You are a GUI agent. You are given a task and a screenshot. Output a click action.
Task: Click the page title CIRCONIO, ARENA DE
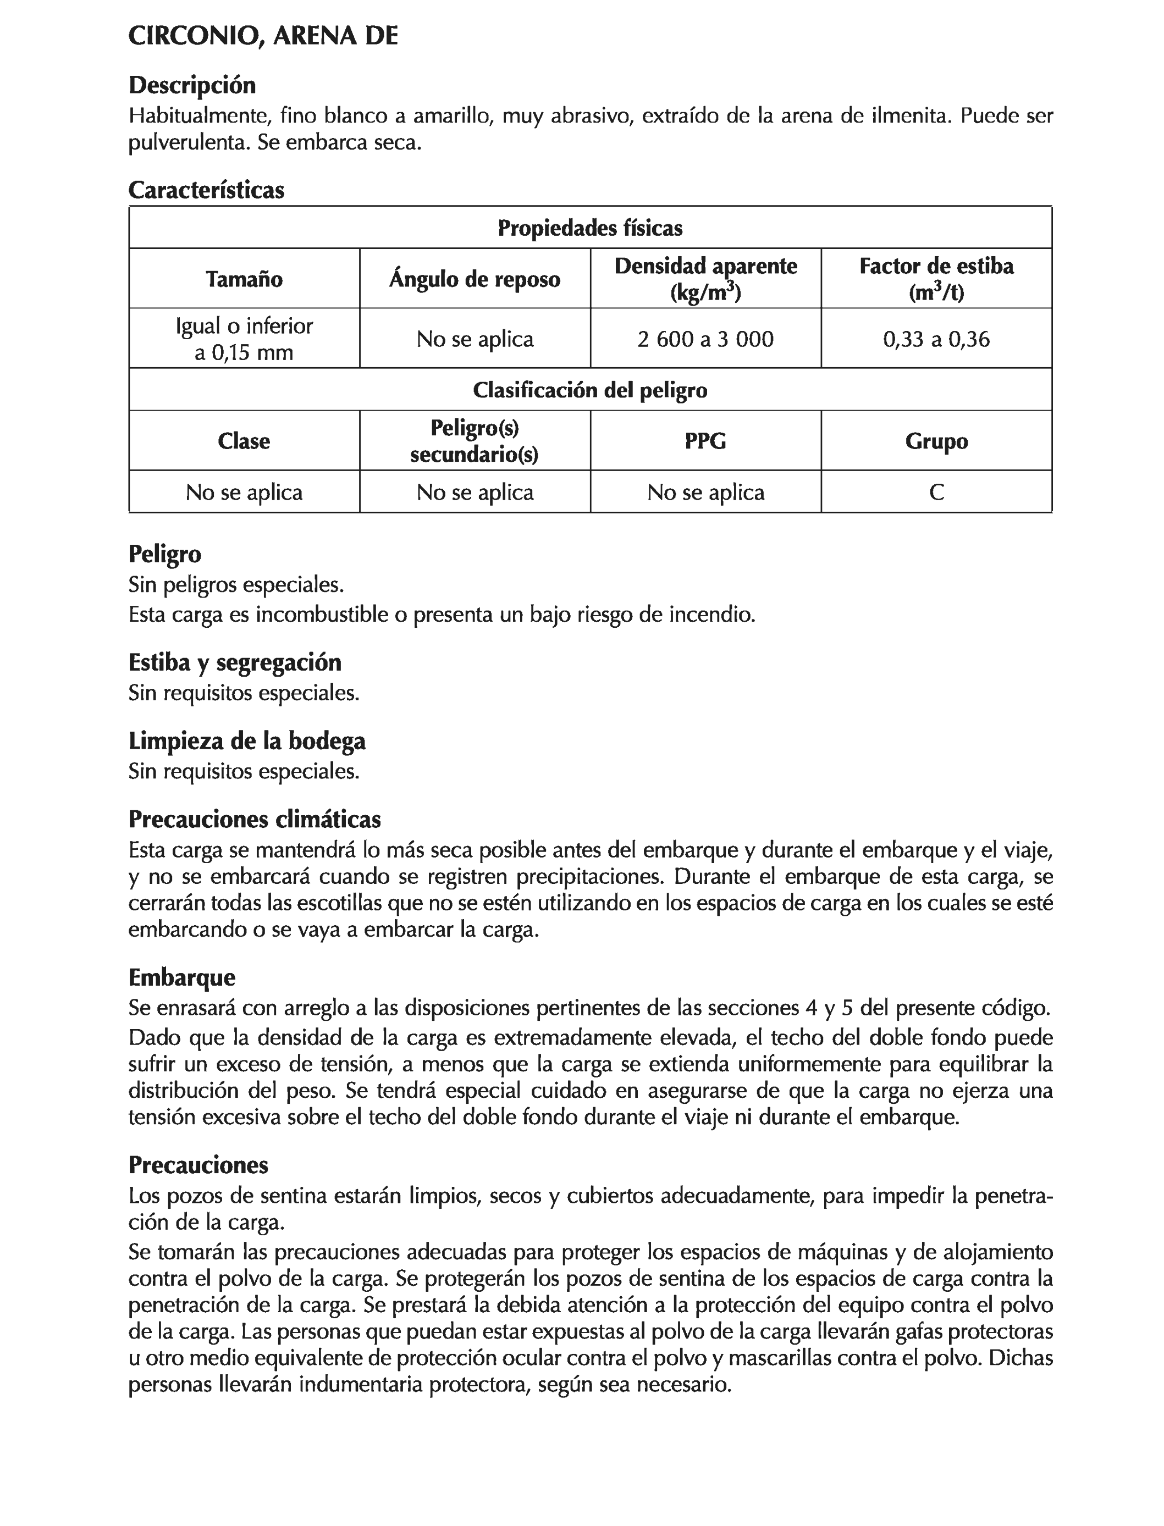pyautogui.click(x=263, y=36)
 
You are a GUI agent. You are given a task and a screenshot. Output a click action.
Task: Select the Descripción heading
pyautogui.click(x=192, y=85)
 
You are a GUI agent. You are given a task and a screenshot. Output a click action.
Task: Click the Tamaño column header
pyautogui.click(x=244, y=279)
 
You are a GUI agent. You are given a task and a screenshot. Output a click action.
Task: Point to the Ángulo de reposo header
pyautogui.click(x=475, y=279)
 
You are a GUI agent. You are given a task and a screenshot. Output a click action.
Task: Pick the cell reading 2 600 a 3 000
pyautogui.click(x=705, y=339)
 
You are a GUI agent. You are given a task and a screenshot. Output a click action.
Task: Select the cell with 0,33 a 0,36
pyautogui.click(x=936, y=339)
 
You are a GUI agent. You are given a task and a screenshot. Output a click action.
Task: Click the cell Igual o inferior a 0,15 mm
pyautogui.click(x=244, y=339)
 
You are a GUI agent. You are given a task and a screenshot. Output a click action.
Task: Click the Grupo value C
pyautogui.click(x=936, y=493)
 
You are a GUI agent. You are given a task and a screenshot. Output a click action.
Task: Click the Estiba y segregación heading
pyautogui.click(x=235, y=663)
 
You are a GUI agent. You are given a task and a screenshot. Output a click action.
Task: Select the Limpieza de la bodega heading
pyautogui.click(x=247, y=741)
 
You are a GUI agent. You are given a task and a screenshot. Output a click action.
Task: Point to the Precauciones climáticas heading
pyautogui.click(x=254, y=820)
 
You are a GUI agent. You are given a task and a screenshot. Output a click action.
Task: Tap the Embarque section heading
pyautogui.click(x=181, y=977)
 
